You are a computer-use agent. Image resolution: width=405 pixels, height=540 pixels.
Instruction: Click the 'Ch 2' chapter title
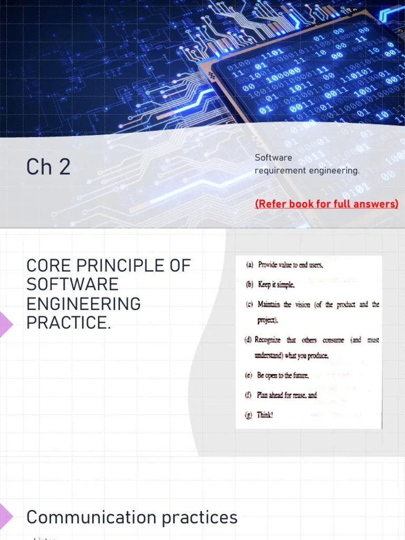click(48, 167)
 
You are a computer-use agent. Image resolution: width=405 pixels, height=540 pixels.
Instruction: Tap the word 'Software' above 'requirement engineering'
click(273, 158)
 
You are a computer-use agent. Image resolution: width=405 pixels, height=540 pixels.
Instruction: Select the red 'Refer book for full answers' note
click(326, 204)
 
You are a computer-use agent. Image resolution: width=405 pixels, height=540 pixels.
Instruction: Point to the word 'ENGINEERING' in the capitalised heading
click(83, 304)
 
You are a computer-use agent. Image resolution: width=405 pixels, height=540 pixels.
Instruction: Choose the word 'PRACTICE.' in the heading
click(69, 323)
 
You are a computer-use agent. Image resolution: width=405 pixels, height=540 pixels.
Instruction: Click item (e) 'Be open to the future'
click(282, 375)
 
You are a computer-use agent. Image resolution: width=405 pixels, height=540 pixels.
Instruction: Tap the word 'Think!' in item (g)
click(265, 415)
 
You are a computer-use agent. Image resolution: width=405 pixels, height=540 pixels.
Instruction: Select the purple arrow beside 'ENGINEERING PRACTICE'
click(5, 322)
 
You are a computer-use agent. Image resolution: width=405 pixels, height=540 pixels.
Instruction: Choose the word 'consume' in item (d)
click(333, 340)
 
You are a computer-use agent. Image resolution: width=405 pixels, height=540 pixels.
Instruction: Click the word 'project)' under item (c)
click(267, 321)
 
